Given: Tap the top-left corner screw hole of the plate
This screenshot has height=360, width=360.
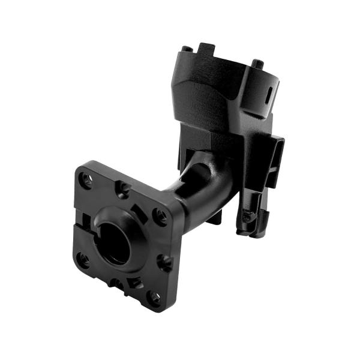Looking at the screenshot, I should (86, 179).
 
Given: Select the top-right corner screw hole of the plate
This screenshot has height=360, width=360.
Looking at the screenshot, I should (159, 215).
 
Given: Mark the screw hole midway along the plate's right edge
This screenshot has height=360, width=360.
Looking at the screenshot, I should (164, 261).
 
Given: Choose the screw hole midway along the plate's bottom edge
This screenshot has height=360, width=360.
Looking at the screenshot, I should (116, 282).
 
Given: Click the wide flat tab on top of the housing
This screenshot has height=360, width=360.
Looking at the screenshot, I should (207, 48).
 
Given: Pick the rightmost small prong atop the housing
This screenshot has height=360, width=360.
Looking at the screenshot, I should (257, 64).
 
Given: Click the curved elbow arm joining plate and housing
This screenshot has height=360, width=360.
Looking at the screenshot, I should (201, 186).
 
